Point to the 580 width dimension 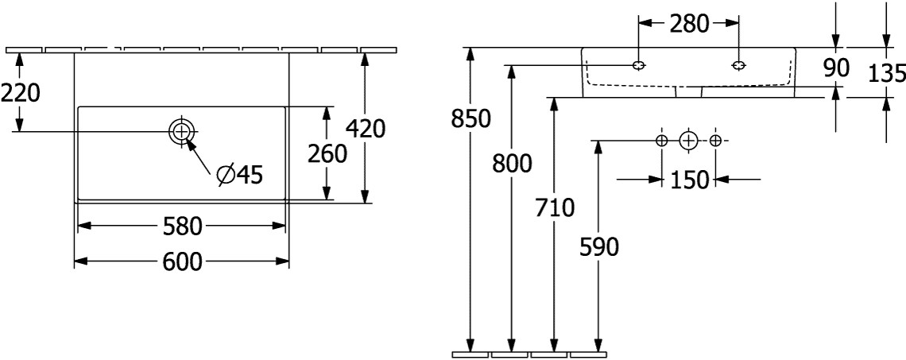coord(181,227)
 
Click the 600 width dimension coord(181,261)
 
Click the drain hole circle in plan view coord(181,131)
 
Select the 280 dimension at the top coord(688,24)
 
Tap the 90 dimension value coord(836,68)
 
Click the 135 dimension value coord(888,73)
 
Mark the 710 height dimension coord(554,208)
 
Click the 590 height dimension coord(598,247)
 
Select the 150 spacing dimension coord(688,180)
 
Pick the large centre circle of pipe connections coord(688,141)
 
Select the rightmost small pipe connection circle coord(715,141)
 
